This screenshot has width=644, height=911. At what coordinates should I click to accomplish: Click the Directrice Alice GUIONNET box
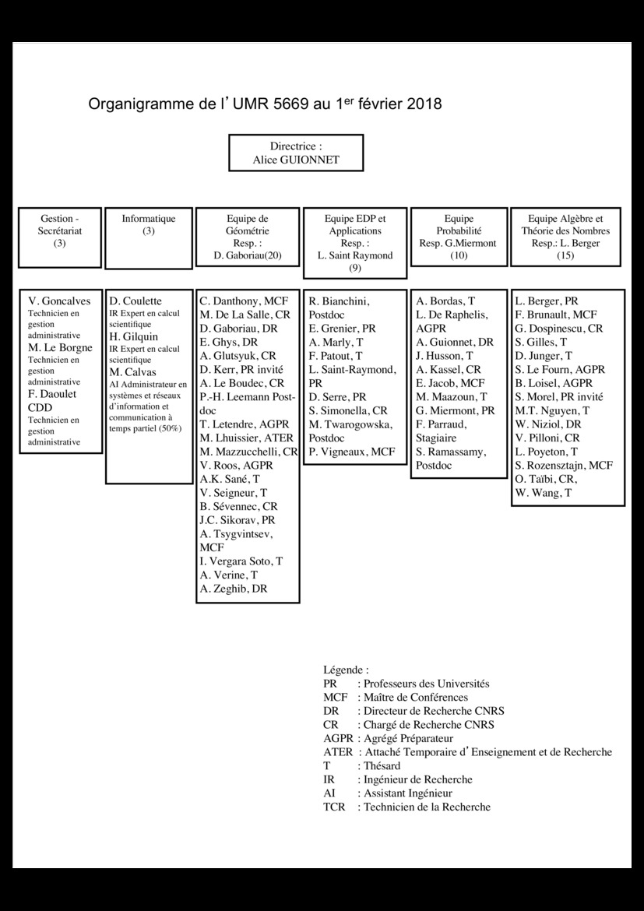(x=295, y=153)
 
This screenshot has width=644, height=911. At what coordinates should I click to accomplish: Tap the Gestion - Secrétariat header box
(x=60, y=230)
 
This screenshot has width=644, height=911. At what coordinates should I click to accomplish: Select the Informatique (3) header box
(x=148, y=225)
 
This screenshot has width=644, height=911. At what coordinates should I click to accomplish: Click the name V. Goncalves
(x=59, y=301)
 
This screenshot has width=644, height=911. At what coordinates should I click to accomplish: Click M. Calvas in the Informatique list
(x=132, y=372)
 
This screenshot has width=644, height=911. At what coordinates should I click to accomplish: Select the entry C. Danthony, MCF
(x=244, y=301)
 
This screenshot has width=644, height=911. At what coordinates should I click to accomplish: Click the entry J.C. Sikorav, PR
(x=237, y=519)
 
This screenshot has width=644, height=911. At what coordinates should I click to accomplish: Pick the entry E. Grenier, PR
(x=342, y=329)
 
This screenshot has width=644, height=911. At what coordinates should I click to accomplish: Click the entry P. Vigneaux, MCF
(x=351, y=452)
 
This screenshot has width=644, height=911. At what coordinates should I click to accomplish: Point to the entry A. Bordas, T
(x=445, y=301)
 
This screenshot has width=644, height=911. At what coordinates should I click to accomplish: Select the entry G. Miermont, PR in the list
(x=455, y=410)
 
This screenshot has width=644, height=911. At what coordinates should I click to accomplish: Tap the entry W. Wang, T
(x=544, y=493)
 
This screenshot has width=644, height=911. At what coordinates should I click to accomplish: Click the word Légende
(x=345, y=670)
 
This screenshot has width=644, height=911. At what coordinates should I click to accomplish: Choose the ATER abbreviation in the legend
(x=338, y=752)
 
